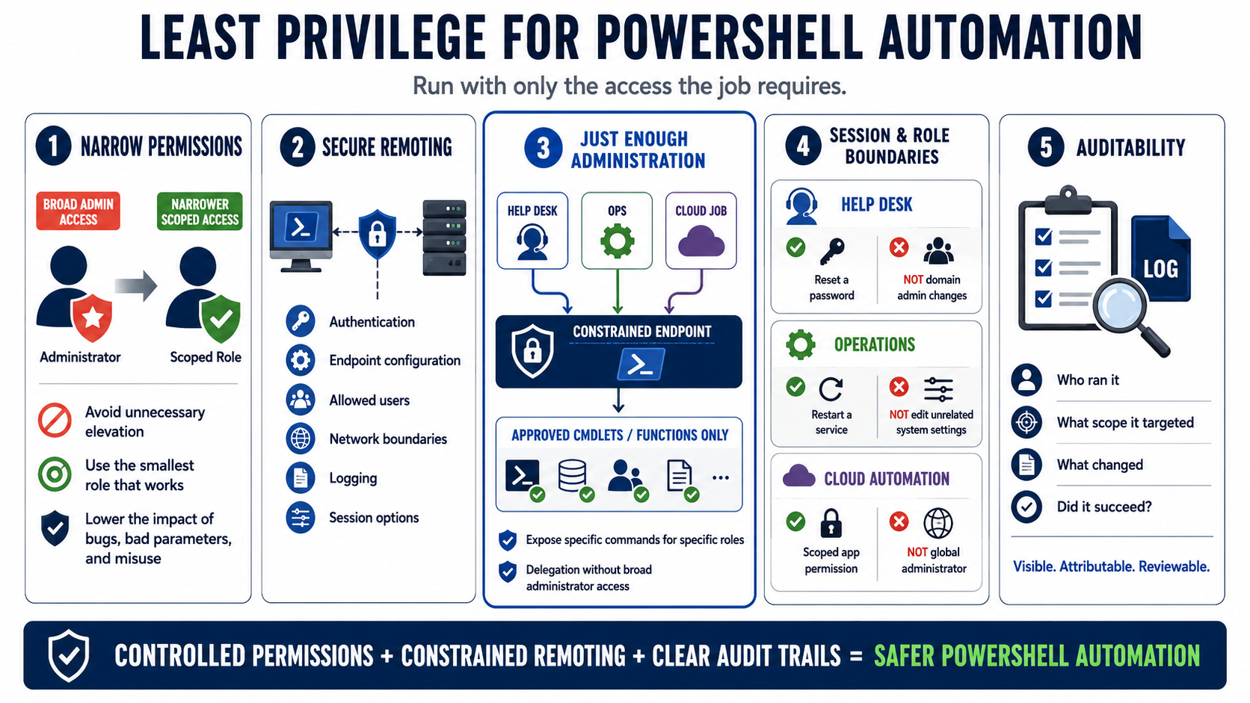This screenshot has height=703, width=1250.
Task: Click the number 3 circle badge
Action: coord(543,148)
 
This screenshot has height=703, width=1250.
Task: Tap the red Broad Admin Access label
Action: coord(78,211)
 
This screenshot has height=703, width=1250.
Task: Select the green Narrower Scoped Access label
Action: coord(200,211)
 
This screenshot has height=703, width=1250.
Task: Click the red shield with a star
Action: coord(92,318)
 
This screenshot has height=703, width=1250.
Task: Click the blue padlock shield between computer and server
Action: coord(378,234)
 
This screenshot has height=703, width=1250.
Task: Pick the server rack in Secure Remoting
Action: coord(444,238)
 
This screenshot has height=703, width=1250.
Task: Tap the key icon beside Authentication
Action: coord(301,321)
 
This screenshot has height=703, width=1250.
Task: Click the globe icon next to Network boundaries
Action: coord(301,439)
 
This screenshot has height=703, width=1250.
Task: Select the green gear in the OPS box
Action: coord(618,241)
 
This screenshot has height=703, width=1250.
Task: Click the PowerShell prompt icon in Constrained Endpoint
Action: coord(641,365)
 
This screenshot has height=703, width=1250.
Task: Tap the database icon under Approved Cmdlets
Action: coord(573,476)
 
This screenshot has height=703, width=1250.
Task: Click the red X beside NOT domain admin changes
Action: coord(899,247)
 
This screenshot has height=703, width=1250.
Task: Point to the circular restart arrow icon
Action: coord(831,389)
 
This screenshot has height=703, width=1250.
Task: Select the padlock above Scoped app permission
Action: coord(831,523)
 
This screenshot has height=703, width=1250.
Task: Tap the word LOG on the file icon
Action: coord(1161,269)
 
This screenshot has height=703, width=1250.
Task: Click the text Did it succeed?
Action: coord(1104,507)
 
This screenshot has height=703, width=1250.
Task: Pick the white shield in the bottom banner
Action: coord(69,656)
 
